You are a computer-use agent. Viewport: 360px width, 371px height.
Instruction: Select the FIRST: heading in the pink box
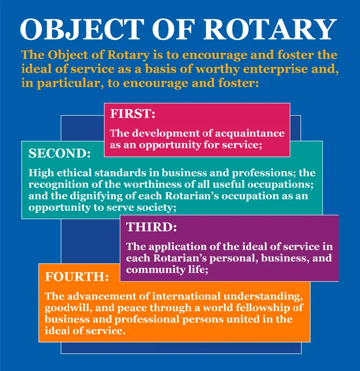tap(132, 114)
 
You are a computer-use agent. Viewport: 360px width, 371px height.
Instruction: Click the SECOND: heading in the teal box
tap(59, 153)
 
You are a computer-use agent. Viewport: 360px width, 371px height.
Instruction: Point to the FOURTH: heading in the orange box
tap(76, 275)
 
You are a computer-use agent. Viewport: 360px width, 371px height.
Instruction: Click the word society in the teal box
tap(157, 208)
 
